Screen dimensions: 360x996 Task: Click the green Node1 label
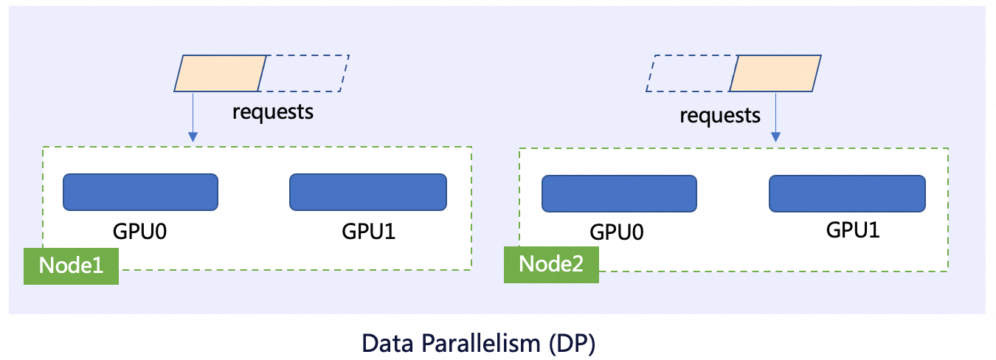(71, 266)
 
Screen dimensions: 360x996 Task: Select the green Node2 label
(551, 264)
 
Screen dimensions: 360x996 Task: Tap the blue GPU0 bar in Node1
(140, 192)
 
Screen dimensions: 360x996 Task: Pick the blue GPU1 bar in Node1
(367, 192)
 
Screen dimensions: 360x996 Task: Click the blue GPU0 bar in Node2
(619, 194)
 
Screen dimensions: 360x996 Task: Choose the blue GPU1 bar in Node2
(847, 194)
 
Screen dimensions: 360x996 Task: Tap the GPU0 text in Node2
(617, 232)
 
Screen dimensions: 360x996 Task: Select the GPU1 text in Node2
(853, 229)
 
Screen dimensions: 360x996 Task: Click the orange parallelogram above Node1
(220, 73)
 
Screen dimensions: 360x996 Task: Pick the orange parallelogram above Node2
(775, 73)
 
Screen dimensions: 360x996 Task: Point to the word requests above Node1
(273, 112)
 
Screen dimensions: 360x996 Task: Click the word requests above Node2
(719, 115)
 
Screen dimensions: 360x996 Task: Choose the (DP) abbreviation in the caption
(578, 344)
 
